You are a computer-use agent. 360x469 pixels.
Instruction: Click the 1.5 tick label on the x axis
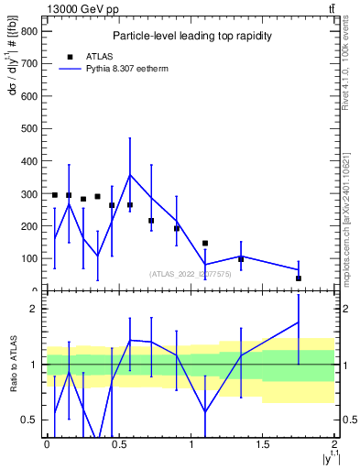click(x=262, y=444)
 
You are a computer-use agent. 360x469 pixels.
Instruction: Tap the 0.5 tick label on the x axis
click(x=118, y=444)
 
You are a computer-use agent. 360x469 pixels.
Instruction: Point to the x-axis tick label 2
click(x=334, y=444)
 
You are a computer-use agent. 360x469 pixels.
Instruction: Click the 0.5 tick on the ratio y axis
click(x=28, y=420)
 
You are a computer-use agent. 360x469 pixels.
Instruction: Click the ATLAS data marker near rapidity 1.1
click(x=205, y=243)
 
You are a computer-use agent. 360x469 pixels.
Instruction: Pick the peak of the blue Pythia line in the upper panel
click(x=130, y=174)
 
